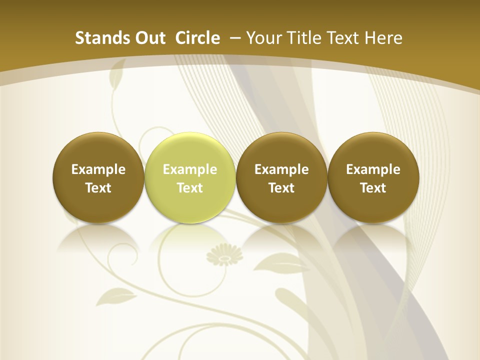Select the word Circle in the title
(x=197, y=38)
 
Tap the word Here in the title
(x=383, y=38)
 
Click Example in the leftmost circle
(x=98, y=169)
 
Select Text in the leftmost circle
(x=98, y=188)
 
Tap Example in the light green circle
(x=190, y=169)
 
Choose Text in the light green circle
(x=190, y=188)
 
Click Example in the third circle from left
(x=281, y=169)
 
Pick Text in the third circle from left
(x=281, y=188)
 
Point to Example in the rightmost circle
(x=373, y=169)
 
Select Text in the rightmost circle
(x=373, y=188)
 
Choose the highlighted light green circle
(x=190, y=150)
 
